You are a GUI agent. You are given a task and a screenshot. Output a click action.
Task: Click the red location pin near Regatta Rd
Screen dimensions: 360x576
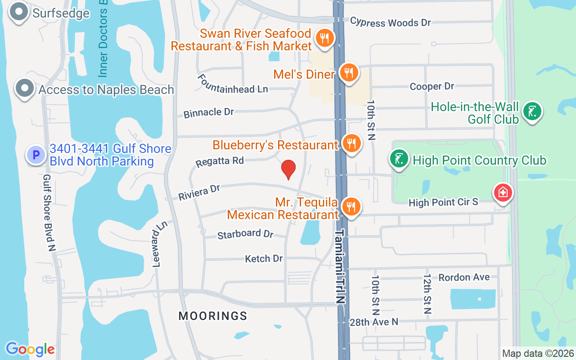point(288,169)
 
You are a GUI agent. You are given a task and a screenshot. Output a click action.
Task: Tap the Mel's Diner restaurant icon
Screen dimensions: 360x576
point(348,72)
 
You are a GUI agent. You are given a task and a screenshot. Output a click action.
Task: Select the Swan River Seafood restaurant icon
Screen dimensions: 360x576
point(324,37)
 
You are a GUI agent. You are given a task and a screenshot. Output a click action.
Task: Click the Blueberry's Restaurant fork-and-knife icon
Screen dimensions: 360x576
point(351,144)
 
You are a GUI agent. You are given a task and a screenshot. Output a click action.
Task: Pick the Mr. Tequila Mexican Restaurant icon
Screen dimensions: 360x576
point(351,207)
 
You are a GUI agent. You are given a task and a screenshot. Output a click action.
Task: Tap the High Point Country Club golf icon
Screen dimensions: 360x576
point(399,159)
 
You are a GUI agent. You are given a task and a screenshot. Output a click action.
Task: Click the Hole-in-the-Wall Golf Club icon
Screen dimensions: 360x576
point(531,111)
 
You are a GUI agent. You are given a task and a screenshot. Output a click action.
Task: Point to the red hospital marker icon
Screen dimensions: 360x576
point(503,193)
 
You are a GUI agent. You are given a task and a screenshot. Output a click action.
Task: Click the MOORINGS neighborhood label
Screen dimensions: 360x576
point(213,316)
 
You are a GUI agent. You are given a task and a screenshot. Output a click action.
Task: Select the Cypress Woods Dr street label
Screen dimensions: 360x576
point(390,22)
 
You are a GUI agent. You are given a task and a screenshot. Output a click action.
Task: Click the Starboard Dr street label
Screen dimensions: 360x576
point(245,234)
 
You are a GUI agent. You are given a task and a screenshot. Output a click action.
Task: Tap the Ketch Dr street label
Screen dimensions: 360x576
point(264,258)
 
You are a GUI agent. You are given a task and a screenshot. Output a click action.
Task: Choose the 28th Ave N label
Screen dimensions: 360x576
point(374,322)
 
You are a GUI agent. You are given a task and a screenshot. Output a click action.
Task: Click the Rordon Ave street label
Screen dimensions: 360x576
point(464,277)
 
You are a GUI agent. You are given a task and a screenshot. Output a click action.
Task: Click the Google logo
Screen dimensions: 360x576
point(30,349)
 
